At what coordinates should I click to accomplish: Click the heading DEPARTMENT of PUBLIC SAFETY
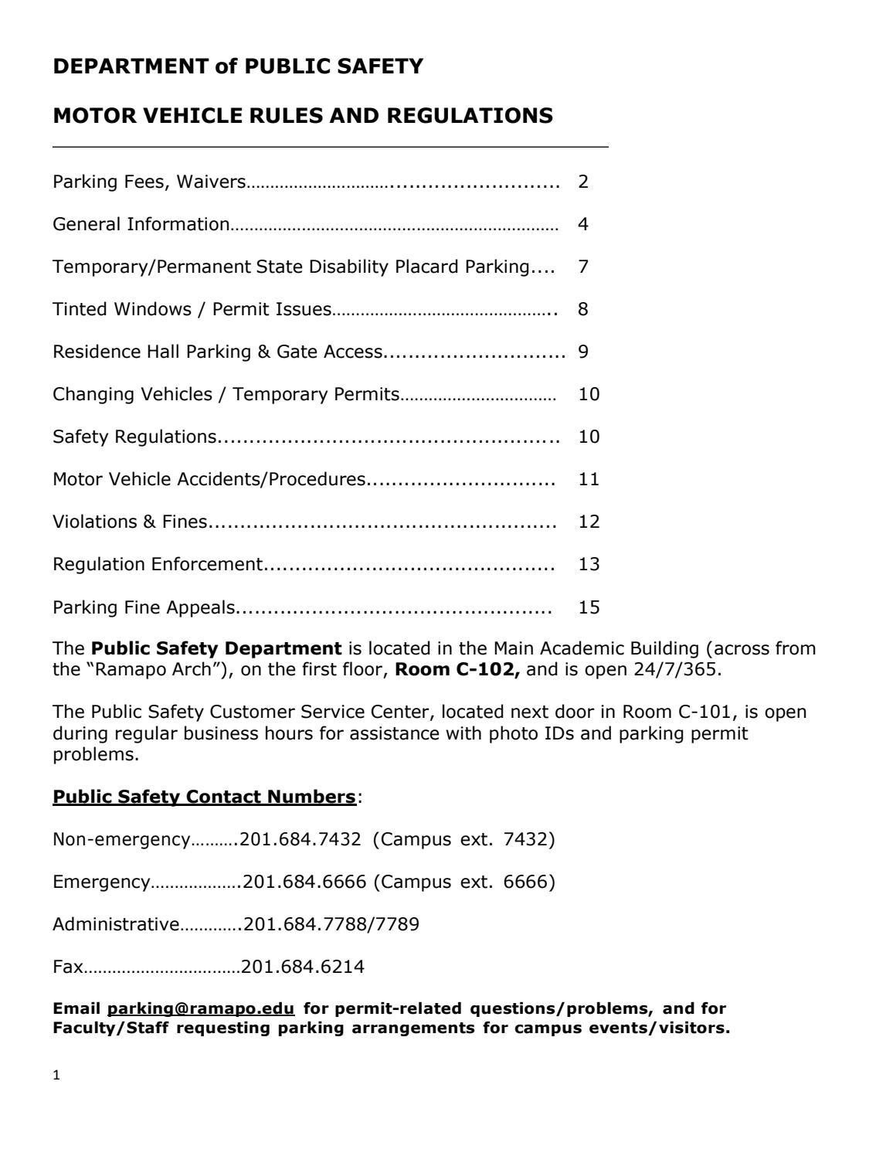pos(238,67)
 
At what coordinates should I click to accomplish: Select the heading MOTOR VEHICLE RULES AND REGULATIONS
pos(303,116)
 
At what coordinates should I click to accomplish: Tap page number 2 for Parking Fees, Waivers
pos(583,182)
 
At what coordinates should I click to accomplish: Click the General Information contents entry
pos(141,224)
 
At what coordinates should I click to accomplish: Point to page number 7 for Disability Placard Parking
pos(583,267)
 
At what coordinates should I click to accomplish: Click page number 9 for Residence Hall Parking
pos(583,352)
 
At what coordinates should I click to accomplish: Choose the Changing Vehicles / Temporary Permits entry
pos(226,394)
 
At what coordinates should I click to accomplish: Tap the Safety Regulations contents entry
pos(134,437)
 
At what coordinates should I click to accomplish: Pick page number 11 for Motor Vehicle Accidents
pos(589,479)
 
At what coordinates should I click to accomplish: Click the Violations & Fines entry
pos(130,522)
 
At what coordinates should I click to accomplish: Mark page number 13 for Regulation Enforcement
pos(589,564)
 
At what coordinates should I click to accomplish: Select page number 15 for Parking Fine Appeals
pos(589,607)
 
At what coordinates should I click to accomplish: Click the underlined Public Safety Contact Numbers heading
pos(204,797)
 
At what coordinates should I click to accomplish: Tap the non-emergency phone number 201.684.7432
pos(300,839)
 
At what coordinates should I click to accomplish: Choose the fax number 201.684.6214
pos(303,967)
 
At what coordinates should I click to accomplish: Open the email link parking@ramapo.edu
pos(201,1008)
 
